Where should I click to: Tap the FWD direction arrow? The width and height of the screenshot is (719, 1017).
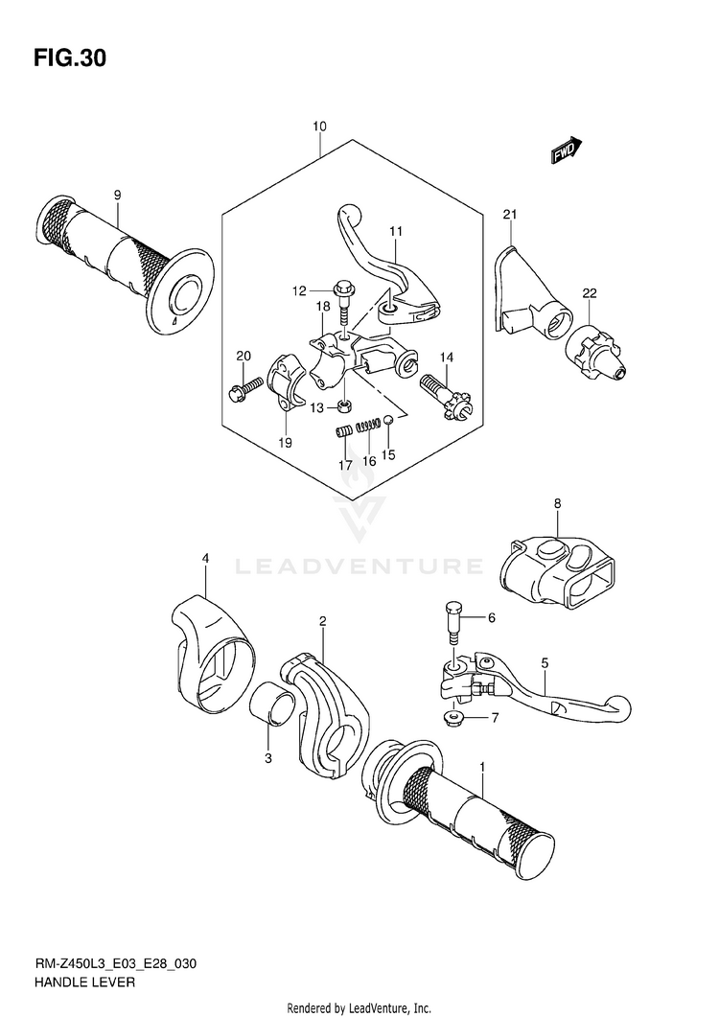(x=567, y=150)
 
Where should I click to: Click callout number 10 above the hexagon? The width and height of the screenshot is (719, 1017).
(x=319, y=126)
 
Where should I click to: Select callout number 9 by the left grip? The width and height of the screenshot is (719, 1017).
(x=117, y=196)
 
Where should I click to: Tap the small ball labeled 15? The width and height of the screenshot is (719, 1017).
(x=389, y=420)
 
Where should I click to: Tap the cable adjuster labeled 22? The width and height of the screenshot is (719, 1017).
(x=596, y=351)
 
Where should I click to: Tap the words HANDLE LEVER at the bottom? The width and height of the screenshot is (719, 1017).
(x=85, y=982)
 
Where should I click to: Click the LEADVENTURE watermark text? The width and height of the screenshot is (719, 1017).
(x=359, y=566)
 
